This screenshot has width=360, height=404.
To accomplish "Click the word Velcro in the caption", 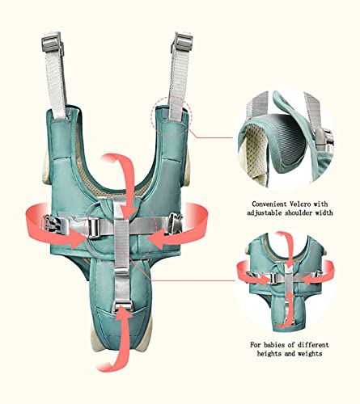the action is tap(299, 204).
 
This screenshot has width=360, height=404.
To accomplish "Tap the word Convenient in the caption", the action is tap(268, 204).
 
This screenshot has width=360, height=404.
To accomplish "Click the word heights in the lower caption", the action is tap(268, 353).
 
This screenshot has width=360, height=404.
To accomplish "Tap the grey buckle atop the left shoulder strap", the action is tap(52, 41).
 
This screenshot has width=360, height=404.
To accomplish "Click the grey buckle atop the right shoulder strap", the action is tap(182, 43).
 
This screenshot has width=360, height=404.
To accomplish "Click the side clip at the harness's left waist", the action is tap(52, 223).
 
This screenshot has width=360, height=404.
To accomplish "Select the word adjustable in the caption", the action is tap(263, 213).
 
